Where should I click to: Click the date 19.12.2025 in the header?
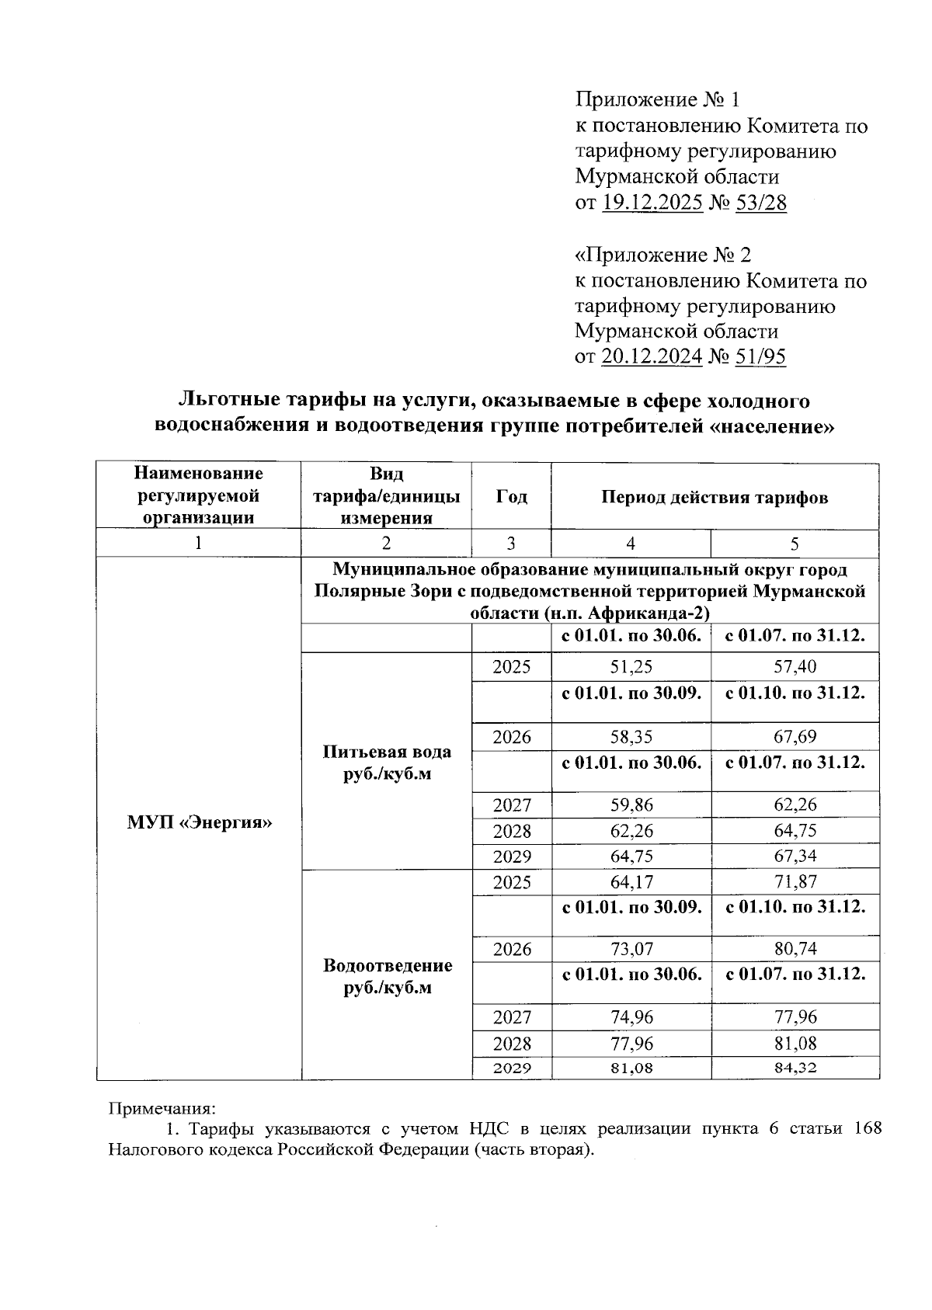(652, 203)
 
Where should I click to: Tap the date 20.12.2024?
(652, 356)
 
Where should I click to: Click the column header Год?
(511, 497)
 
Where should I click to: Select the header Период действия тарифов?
(715, 497)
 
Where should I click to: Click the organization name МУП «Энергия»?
(199, 822)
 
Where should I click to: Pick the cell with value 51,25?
(631, 666)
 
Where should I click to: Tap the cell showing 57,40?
(795, 666)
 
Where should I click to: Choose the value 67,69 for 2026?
(795, 736)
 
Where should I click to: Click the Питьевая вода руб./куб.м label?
(387, 763)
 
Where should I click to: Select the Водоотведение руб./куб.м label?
(387, 976)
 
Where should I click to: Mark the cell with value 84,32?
(795, 1068)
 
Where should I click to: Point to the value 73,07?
(631, 949)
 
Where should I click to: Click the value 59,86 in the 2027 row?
(631, 804)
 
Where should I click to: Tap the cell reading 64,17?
(631, 881)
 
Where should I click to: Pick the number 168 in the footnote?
(867, 1128)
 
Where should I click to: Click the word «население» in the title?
(773, 426)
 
